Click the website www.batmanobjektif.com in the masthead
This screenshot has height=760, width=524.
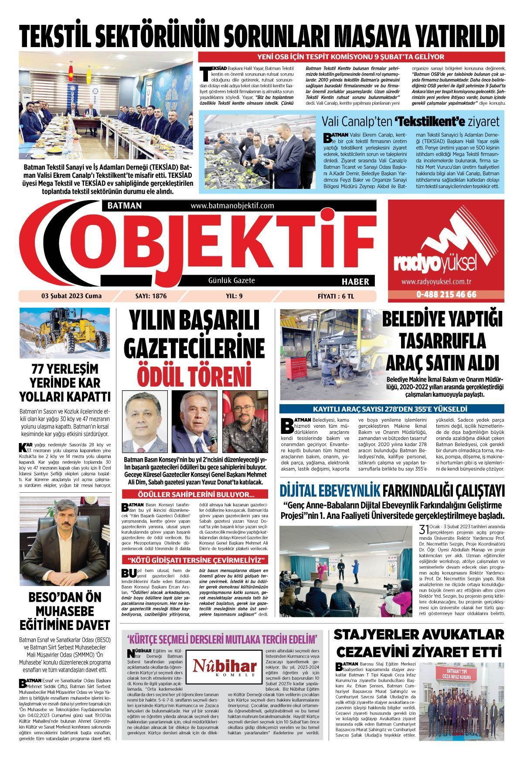pyautogui.click(x=232, y=206)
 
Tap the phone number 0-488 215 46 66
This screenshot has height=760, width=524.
pyautogui.click(x=446, y=294)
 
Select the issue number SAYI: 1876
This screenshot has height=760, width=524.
pyautogui.click(x=146, y=296)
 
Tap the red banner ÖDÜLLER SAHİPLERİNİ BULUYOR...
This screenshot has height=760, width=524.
pyautogui.click(x=196, y=494)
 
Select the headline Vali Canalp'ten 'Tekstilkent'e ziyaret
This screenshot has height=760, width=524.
pyautogui.click(x=410, y=121)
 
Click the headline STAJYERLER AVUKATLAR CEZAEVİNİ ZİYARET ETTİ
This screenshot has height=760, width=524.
pyautogui.click(x=419, y=643)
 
